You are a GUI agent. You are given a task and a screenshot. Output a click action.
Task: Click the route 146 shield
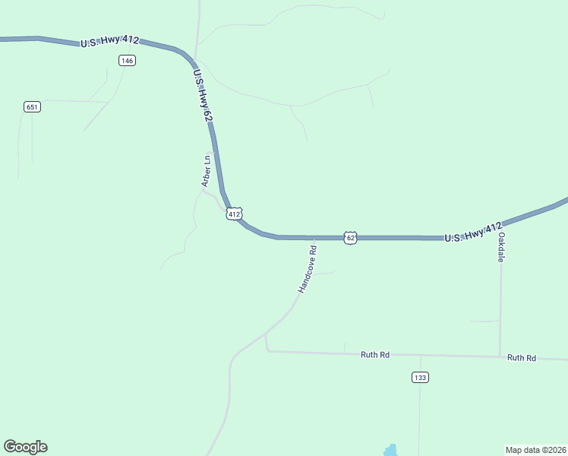click(128, 61)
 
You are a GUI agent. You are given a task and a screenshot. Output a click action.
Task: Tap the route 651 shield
click(32, 107)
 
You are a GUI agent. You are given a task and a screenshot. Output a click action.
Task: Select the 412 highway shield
click(234, 214)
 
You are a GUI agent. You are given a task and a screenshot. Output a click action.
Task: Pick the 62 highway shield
click(350, 238)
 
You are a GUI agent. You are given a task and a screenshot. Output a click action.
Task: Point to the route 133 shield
click(420, 377)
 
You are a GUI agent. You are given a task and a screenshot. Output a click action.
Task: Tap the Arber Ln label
click(206, 171)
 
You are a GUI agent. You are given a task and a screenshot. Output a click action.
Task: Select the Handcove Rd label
click(307, 268)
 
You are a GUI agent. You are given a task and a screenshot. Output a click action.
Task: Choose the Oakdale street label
click(501, 247)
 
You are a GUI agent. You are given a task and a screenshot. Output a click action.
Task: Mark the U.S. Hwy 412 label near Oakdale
click(473, 233)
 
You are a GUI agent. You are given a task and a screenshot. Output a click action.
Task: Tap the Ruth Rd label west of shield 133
click(375, 354)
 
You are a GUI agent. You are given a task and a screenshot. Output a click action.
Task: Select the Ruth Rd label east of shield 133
click(522, 357)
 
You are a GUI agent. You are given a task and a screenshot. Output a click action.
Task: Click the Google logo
click(25, 447)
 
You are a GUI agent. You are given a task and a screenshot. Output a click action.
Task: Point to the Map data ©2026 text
click(535, 449)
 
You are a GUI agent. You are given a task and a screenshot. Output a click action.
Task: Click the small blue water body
click(390, 451)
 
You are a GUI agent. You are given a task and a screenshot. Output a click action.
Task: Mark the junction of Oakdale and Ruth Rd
click(500, 356)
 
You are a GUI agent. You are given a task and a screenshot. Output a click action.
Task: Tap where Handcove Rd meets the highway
click(313, 238)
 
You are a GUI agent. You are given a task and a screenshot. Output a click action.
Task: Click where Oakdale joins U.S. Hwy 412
click(501, 225)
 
